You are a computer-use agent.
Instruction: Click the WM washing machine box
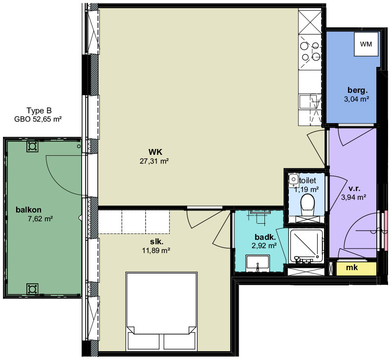pos(366,44)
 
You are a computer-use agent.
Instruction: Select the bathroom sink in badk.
pos(258,263)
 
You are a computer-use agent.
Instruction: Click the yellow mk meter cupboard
pos(356,268)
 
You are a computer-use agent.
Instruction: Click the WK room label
pos(155,152)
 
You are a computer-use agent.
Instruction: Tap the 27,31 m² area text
pos(154,161)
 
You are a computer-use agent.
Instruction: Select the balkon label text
pos(28,210)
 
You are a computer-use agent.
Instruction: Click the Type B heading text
pos(39,110)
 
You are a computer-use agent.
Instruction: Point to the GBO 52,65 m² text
pos(38,119)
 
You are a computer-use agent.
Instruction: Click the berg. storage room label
pos(358,90)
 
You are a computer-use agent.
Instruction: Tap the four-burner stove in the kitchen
pos(310,52)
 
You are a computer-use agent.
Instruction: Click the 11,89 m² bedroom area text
pos(156,250)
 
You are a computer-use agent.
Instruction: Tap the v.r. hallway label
pos(354,189)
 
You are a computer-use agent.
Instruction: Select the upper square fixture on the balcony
pos(32,147)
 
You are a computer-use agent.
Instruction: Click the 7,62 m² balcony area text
pos(40,219)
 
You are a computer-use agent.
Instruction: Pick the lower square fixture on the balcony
pos(32,289)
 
